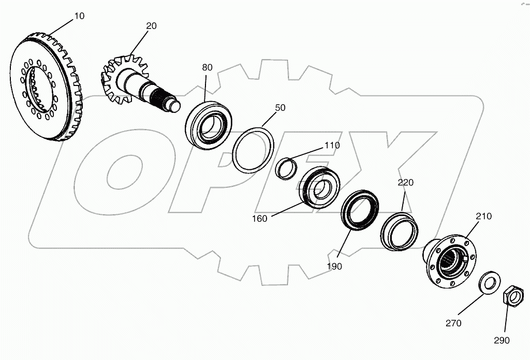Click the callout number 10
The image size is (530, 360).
79,16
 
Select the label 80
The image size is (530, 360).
207,67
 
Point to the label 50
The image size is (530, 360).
280,108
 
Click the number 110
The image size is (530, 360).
332,146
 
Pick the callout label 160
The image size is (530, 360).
259,218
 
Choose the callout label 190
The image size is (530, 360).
334,266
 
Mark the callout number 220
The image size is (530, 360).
406,182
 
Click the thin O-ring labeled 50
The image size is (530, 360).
253,150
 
